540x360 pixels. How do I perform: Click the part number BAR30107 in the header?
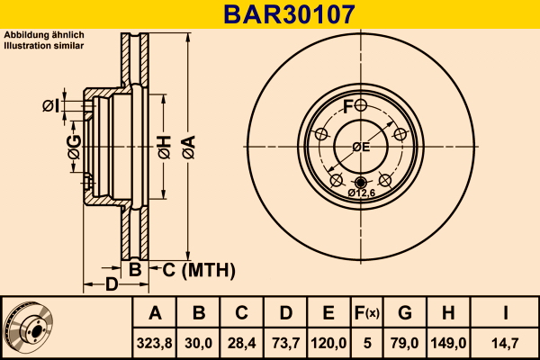[289, 14]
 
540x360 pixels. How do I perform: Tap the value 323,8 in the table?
[154, 343]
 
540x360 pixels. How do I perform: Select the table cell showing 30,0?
[198, 343]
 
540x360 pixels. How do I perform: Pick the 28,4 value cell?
[241, 343]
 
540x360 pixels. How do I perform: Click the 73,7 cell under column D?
[285, 343]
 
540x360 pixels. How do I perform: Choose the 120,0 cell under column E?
[328, 343]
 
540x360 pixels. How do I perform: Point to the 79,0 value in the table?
[405, 343]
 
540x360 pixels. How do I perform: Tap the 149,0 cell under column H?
[448, 343]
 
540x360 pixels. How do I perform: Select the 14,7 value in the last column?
[505, 343]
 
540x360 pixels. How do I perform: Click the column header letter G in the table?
[405, 313]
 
